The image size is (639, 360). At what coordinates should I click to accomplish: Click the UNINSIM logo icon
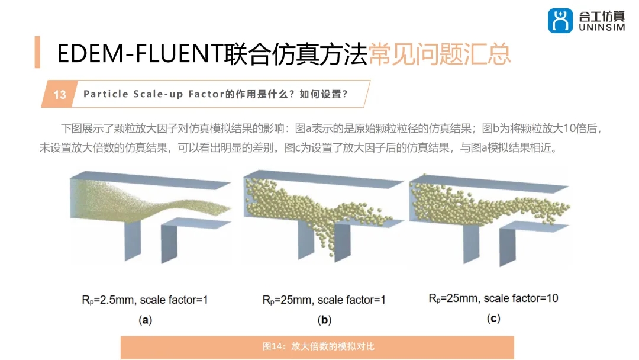(x=560, y=21)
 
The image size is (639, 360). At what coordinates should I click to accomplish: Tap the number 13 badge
(x=60, y=95)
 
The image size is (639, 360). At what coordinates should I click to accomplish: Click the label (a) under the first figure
(x=145, y=320)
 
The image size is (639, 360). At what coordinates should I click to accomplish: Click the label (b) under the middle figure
(x=324, y=320)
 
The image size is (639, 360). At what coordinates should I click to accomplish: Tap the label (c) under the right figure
(x=493, y=319)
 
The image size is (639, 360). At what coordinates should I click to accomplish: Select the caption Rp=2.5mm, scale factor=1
(x=145, y=300)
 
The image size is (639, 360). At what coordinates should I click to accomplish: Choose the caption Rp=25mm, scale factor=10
(x=493, y=298)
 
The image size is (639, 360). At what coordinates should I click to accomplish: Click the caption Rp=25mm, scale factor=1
(x=324, y=300)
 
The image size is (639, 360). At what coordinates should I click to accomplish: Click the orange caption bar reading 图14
(x=318, y=346)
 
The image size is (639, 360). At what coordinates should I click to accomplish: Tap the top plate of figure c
(x=491, y=181)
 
